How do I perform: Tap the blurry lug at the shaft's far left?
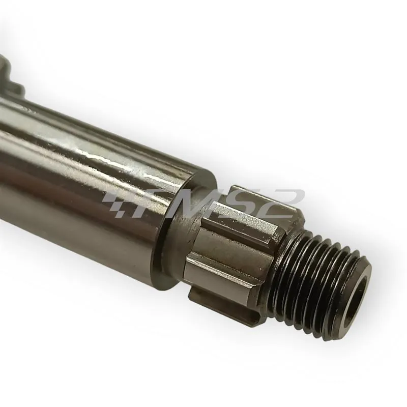coord(12,75)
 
